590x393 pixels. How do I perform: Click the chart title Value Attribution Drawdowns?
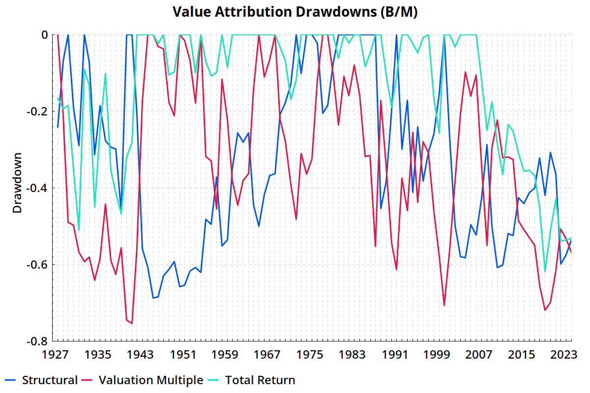(295, 12)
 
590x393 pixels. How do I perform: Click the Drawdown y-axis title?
(18, 188)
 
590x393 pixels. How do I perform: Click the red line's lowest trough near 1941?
(132, 323)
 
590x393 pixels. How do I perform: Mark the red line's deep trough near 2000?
(444, 306)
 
